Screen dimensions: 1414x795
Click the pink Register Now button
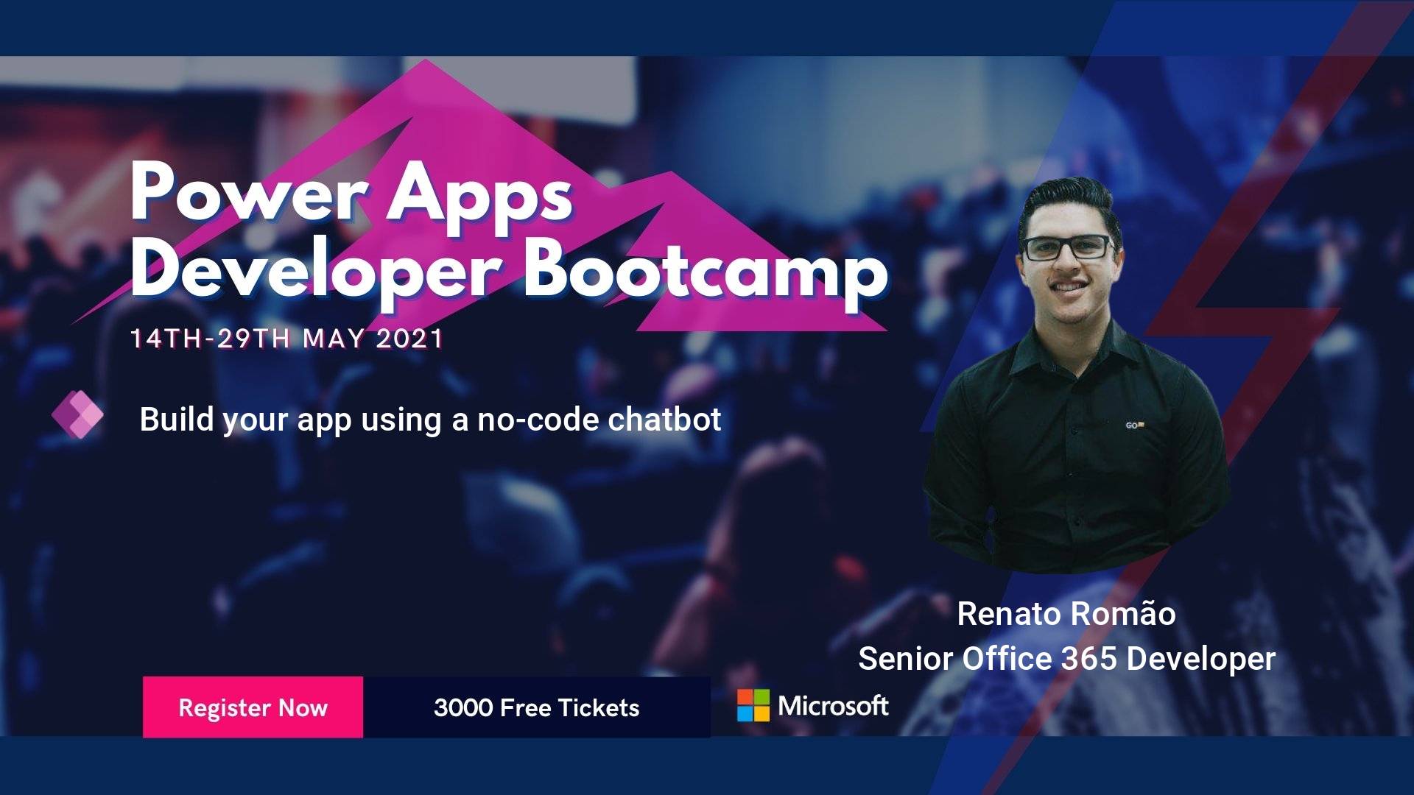[253, 707]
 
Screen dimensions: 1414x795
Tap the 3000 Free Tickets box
[537, 707]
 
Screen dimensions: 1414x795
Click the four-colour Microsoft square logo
[753, 705]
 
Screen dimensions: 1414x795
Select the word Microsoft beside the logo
[834, 705]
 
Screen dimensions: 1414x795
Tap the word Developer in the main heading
[314, 270]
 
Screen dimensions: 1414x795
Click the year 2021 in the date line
[409, 339]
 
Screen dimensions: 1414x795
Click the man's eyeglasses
[1068, 248]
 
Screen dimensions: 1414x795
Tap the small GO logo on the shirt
[1135, 425]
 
